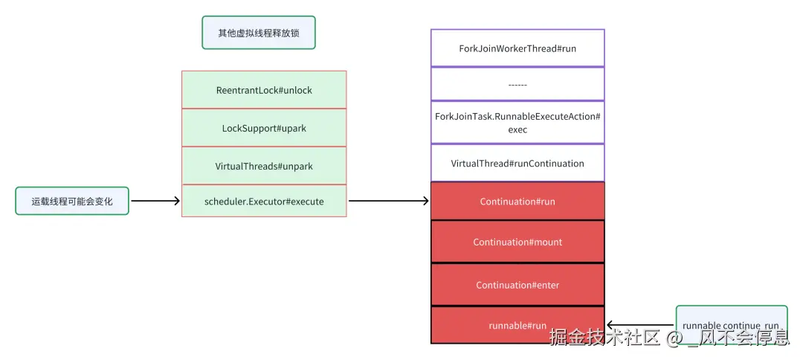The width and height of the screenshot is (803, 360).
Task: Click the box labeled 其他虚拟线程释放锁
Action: point(259,33)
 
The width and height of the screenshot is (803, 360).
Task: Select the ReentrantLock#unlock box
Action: point(264,90)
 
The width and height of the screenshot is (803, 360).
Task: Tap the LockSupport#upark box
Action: point(264,128)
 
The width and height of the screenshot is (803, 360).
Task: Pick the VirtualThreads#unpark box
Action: point(264,166)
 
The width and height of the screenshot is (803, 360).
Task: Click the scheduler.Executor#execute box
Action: point(264,201)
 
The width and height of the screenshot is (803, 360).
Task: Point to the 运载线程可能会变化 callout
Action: point(72,201)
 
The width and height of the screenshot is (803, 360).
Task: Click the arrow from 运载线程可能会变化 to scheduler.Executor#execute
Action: point(155,201)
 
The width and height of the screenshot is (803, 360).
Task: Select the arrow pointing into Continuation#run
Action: point(389,201)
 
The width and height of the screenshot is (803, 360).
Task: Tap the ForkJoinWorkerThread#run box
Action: point(517,48)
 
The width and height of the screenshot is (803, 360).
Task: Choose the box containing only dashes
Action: point(517,84)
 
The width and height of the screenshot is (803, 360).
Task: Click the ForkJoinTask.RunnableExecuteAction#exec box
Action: point(517,123)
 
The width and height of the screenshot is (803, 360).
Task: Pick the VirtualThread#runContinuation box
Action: point(517,164)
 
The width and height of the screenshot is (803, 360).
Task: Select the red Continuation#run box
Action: point(517,202)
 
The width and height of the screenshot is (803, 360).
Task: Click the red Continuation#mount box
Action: point(517,242)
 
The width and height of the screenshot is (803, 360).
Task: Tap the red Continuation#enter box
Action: point(517,285)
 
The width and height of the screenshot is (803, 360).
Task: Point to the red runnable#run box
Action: point(517,325)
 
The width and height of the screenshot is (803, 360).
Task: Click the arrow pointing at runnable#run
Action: point(640,324)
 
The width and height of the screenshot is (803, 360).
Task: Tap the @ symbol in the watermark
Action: point(675,338)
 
